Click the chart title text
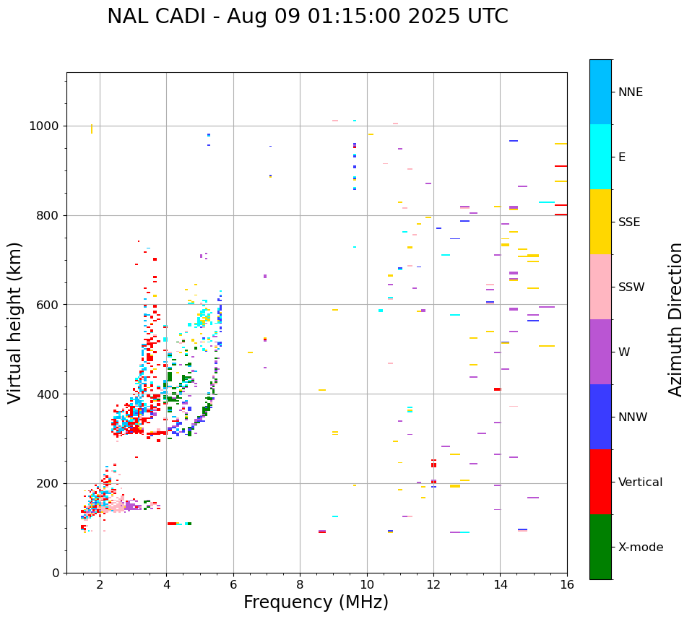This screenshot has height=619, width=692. coord(308,17)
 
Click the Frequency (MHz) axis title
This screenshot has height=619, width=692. coord(316,602)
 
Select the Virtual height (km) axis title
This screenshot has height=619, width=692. coord(15,323)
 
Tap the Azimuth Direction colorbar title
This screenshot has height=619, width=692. coord(675,319)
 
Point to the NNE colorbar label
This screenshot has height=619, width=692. coord(630,92)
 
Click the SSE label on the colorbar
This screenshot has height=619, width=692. coord(628,222)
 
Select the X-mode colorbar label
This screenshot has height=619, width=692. coord(640,547)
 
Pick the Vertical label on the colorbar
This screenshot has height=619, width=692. coord(640,482)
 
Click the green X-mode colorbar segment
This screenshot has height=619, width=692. coord(600,547)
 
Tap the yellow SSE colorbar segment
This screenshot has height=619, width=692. coord(600,222)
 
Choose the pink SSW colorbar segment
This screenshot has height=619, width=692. coord(600,287)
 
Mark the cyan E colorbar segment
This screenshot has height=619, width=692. coord(600,157)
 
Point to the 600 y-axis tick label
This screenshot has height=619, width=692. coord(48,305)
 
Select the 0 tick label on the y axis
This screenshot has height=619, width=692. coord(56,573)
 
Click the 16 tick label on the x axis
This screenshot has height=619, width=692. coord(567,585)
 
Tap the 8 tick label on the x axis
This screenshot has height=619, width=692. coord(300,585)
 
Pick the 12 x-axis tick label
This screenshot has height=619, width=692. coord(433,585)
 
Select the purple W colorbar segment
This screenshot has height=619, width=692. coord(600,352)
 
